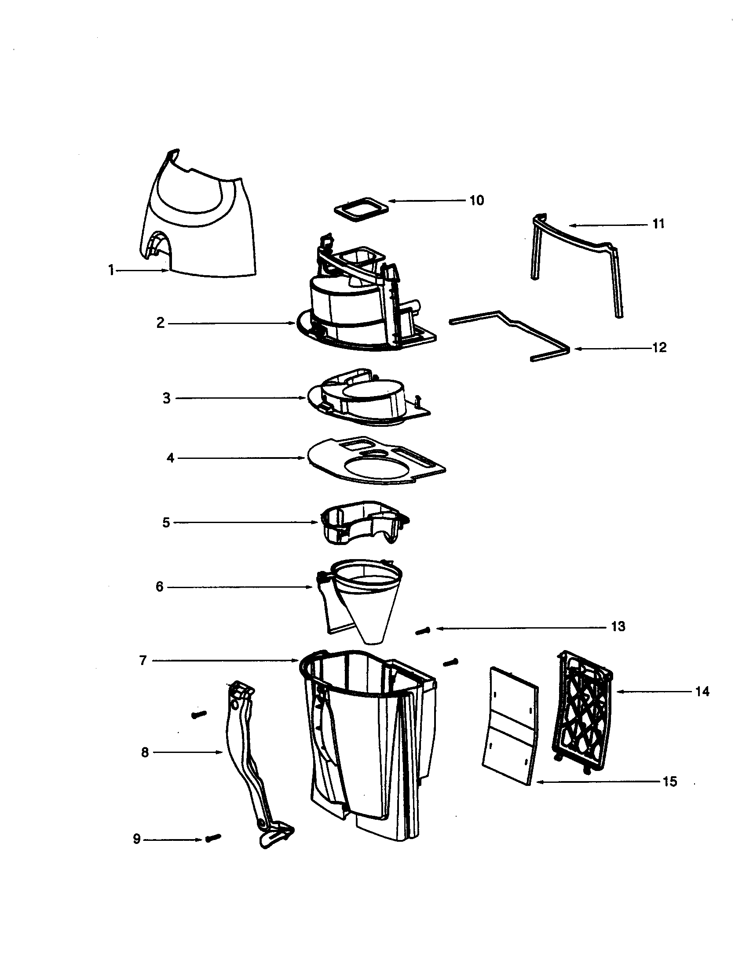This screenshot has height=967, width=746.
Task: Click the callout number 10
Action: pyautogui.click(x=477, y=200)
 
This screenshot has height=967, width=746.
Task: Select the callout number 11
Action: pyautogui.click(x=658, y=224)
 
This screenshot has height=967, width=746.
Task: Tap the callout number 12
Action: pyautogui.click(x=659, y=348)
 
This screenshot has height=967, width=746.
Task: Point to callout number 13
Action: pyautogui.click(x=618, y=626)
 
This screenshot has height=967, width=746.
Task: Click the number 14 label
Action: pyautogui.click(x=702, y=691)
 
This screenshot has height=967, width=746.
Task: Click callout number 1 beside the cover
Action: pyautogui.click(x=111, y=270)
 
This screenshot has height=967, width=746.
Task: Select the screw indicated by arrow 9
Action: pyautogui.click(x=213, y=837)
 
